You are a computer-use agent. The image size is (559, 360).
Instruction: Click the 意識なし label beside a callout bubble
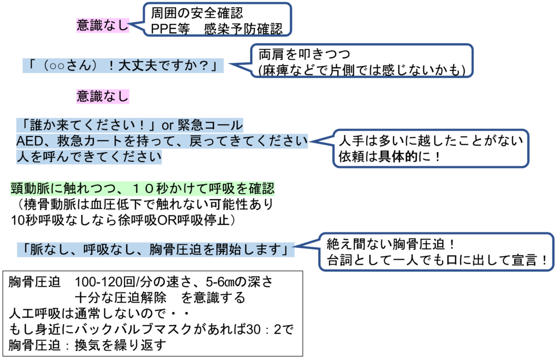coord(103,25)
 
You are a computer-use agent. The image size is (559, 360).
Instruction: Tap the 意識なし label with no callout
coord(103,97)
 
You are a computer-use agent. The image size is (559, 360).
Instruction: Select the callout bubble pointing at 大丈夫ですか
coord(362,61)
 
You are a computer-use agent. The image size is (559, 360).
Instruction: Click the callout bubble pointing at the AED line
coord(431,148)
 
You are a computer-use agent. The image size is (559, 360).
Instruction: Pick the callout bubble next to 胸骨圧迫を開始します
coord(436,251)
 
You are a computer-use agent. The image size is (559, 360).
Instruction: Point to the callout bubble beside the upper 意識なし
coord(217,19)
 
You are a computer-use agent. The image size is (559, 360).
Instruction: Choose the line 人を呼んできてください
coord(89,157)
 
